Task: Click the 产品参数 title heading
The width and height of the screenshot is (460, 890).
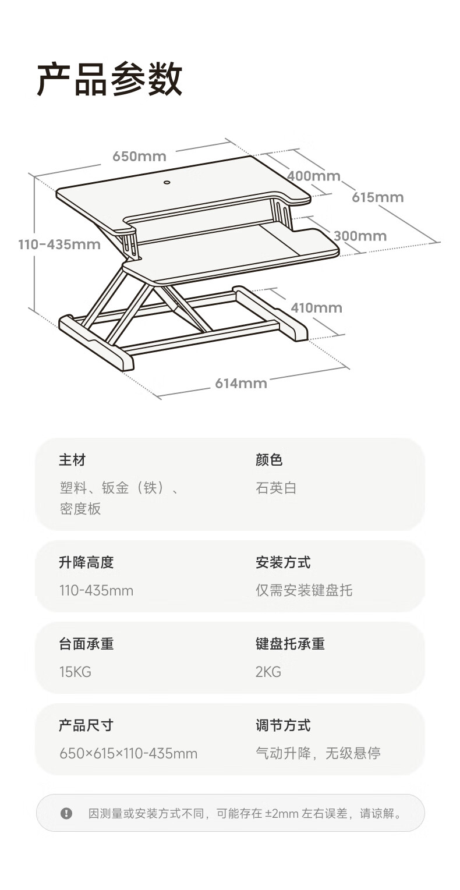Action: pos(109,79)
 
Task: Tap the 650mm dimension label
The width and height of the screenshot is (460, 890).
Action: pos(139,156)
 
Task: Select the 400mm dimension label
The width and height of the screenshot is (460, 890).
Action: pos(314,176)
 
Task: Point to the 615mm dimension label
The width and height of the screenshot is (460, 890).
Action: pos(378,197)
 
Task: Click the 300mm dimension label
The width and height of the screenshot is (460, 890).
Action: pos(360,236)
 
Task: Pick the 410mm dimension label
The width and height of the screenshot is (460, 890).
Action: pos(317,307)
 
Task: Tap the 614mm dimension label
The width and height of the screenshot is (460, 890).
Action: pos(241,384)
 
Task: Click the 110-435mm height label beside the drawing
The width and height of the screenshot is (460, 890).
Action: pos(59,244)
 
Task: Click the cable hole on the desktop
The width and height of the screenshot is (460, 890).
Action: pos(167,183)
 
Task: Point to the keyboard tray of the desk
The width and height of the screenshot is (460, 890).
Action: pos(231,254)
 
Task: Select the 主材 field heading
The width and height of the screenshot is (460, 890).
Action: pos(72,460)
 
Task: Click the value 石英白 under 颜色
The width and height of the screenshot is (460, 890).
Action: pos(276,488)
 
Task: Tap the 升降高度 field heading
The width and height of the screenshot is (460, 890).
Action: pos(86,562)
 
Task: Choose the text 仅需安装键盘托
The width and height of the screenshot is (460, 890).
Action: pos(304,590)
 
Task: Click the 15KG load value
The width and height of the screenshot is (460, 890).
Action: pos(75,672)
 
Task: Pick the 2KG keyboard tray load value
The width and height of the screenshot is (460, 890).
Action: pos(268,672)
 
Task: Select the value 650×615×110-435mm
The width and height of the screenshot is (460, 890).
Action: pos(129,753)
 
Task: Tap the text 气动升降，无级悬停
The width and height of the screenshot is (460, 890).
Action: pos(318,753)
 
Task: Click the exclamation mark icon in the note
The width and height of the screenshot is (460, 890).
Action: pos(66,813)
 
